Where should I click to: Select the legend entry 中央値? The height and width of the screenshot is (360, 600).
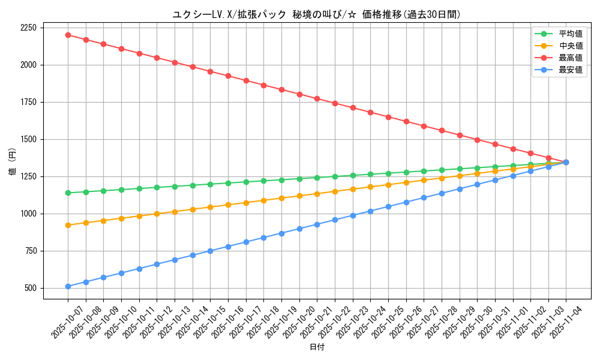pos(571,46)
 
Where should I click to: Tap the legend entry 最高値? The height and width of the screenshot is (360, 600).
pos(571,58)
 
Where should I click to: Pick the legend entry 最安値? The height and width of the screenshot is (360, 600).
pos(571,70)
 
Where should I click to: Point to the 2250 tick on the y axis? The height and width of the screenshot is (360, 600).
pos(28,28)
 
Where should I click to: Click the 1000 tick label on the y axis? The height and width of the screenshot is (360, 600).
pos(28,214)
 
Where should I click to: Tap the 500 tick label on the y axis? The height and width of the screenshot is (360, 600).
pos(31,288)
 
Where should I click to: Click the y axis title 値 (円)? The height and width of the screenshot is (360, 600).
pos(12,162)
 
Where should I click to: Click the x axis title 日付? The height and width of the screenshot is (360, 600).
pos(316,347)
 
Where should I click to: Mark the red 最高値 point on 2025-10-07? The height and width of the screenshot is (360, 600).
pos(68,35)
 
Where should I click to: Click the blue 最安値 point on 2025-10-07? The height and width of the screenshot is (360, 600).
pos(68,287)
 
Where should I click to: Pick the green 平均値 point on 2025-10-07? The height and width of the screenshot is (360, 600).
pos(68,193)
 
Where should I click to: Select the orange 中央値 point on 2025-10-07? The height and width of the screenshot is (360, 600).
pos(68,225)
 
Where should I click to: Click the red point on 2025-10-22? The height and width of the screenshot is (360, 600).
pos(335,103)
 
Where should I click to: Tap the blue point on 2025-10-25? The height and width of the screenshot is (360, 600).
pos(388,206)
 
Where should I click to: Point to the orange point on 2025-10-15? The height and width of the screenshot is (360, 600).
pos(210,207)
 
